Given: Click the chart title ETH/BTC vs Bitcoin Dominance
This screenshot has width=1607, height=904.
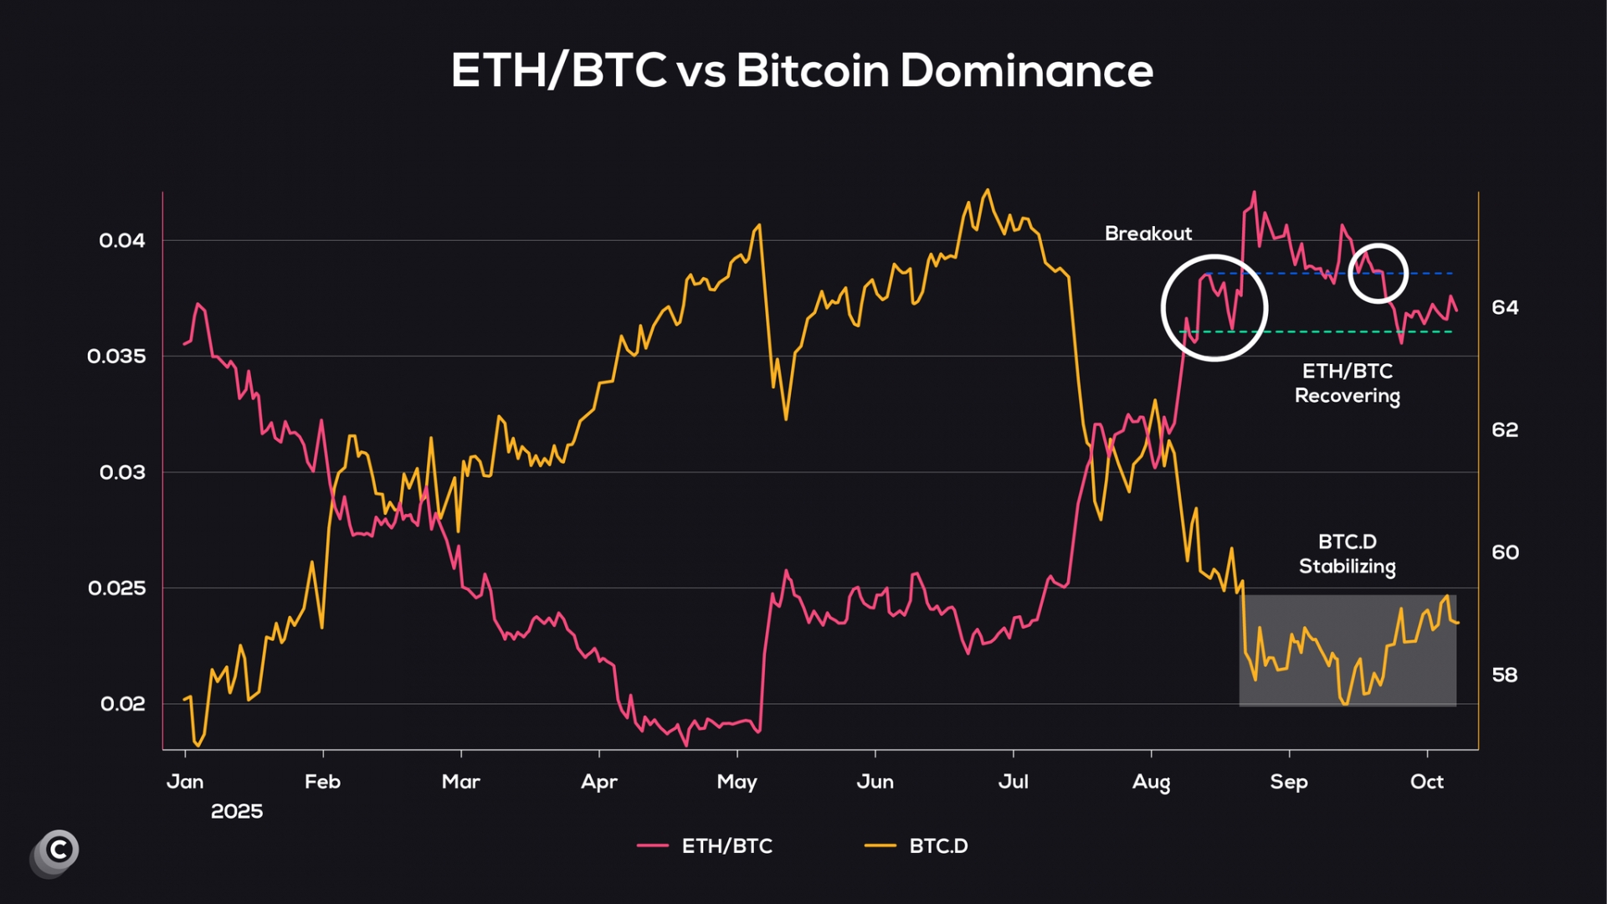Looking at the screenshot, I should coord(802,70).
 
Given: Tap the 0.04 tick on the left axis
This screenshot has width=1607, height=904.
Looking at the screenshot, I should coord(122,241).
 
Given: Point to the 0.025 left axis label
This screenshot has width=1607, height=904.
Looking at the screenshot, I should coord(117,588).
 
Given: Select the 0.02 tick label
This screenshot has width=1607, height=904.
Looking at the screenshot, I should coord(123,704).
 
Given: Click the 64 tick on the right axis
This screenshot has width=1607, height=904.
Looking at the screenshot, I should coord(1505,308).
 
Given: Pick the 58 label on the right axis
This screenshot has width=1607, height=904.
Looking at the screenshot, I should coord(1505,675).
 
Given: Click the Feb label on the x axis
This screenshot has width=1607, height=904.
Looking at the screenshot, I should coord(322,782).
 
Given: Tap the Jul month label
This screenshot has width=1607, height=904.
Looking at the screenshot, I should coord(1013,782).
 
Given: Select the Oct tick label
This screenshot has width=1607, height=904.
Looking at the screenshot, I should coord(1426,782).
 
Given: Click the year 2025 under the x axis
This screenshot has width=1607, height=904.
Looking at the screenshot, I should coord(237,812).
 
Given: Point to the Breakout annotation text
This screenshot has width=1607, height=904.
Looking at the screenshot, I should coord(1147,234).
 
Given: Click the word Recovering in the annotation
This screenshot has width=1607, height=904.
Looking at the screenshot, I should coord(1347,396).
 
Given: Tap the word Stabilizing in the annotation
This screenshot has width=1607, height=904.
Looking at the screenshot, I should coord(1347,567).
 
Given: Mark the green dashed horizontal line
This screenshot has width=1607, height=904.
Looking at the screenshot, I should coord(1339,332).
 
